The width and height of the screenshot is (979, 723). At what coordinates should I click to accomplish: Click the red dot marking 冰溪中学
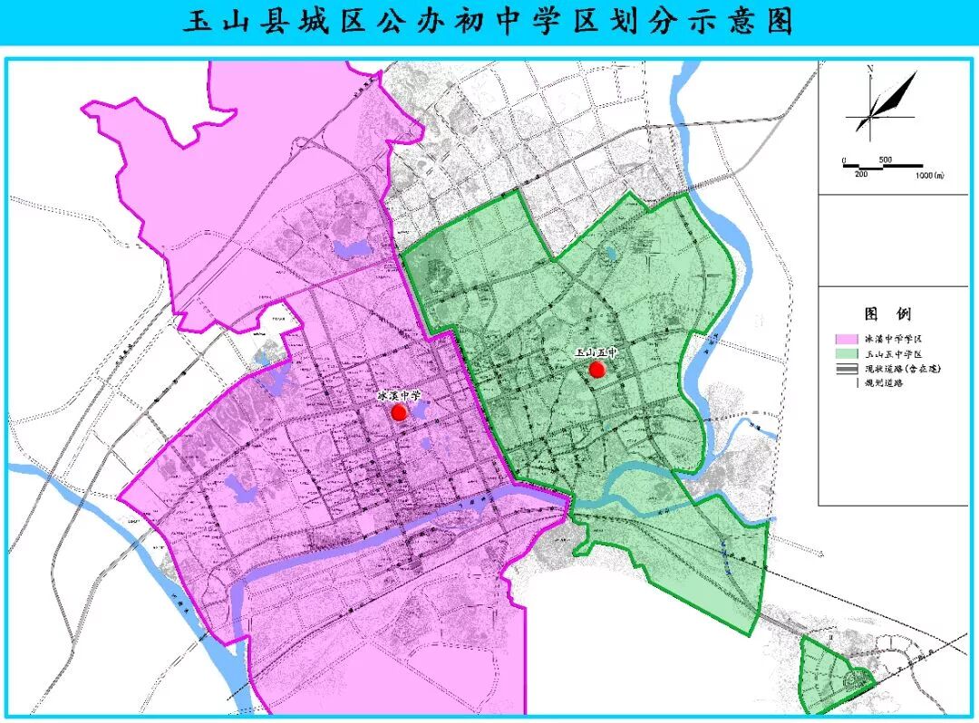(398, 412)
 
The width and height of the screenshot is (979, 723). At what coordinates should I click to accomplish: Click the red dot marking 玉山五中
(596, 369)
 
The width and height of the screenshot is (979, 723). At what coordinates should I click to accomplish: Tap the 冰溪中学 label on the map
(399, 396)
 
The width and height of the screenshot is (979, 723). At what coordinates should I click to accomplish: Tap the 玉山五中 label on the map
(595, 352)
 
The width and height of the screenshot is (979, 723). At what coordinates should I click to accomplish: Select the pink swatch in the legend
(846, 339)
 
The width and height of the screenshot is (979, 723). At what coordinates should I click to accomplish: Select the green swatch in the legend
(846, 353)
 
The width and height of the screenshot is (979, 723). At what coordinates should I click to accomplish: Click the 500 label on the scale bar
(886, 160)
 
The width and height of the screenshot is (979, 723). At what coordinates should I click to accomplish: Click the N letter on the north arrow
(869, 69)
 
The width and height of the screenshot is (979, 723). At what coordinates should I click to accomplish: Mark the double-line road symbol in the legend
(846, 369)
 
